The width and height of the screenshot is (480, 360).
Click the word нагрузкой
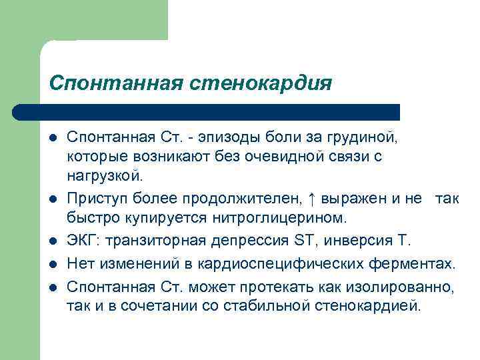click(105, 177)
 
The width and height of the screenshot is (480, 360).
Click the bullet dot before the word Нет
click(52, 265)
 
